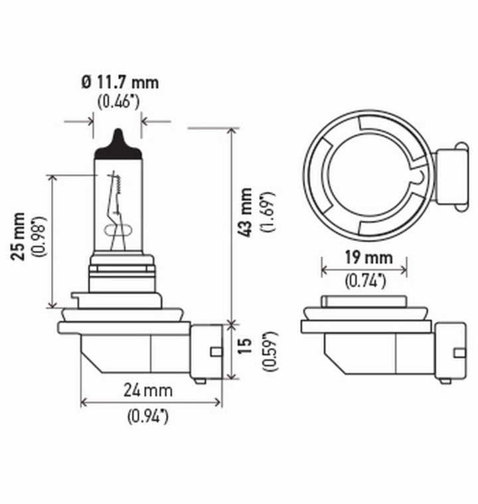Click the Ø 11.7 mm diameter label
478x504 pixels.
(119, 83)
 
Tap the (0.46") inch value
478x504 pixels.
(118, 102)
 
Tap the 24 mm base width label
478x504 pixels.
(148, 390)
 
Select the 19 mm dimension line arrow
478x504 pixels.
(364, 270)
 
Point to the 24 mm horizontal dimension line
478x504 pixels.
(151, 402)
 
